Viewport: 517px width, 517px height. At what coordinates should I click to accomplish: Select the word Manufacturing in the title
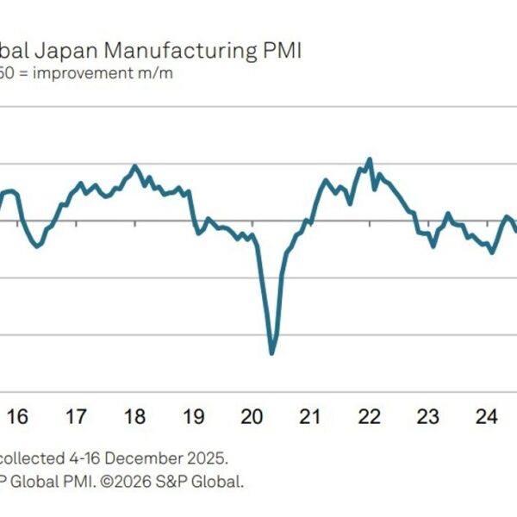(x=181, y=52)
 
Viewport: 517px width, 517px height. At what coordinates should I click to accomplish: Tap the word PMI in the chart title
(x=280, y=52)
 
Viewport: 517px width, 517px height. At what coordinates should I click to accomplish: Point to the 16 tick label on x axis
(x=17, y=417)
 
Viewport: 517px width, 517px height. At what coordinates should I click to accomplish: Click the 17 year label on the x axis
(x=76, y=417)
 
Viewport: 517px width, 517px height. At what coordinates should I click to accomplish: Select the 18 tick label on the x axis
(x=135, y=417)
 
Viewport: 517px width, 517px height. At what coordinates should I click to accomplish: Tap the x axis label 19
(x=194, y=417)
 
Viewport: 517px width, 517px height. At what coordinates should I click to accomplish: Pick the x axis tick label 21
(x=311, y=417)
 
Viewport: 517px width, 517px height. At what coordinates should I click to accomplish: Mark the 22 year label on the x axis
(x=370, y=417)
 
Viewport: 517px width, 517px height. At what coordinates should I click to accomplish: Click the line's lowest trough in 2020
(x=272, y=352)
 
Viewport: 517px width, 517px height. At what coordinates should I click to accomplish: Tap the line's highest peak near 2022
(x=370, y=159)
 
